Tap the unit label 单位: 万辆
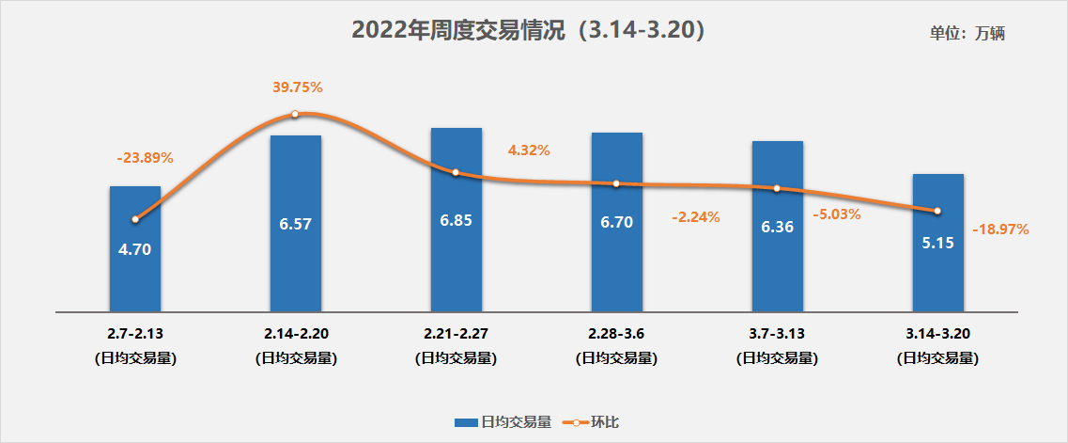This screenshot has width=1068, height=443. point(967,33)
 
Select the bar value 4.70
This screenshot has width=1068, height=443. point(134,249)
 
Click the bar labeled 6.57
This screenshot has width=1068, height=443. point(295,224)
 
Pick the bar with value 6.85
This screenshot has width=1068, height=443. point(456,220)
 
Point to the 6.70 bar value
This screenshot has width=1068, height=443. point(616,222)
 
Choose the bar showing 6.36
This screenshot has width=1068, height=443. point(777,227)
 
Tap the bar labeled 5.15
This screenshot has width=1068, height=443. point(937,243)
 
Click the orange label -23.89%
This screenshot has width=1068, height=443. point(145,157)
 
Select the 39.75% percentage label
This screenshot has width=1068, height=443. point(297,87)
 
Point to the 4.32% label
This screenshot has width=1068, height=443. point(528,150)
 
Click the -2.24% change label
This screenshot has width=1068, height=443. point(695,216)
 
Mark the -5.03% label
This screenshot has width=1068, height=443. point(836,214)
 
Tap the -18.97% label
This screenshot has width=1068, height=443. point(1000,229)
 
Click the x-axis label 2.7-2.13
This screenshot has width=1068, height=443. point(135,334)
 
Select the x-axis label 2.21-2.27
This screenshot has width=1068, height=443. point(456,334)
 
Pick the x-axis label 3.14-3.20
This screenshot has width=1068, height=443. point(937,334)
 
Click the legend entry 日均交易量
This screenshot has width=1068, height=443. point(503,422)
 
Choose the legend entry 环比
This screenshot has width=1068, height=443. point(592,422)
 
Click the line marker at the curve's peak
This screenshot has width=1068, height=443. point(295,114)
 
